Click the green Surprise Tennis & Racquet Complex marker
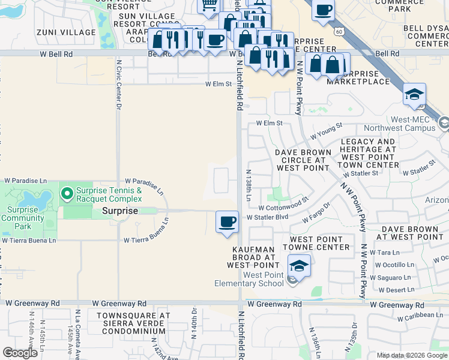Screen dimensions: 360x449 click(x=68, y=194)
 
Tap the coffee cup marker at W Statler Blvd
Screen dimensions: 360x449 click(x=226, y=222)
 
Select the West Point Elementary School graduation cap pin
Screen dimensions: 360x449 click(x=299, y=265)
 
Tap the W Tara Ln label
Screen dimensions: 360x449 click(x=387, y=253)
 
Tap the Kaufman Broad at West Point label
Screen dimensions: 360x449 click(x=253, y=257)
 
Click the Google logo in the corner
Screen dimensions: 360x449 click(x=20, y=352)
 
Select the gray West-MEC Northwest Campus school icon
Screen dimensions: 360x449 click(x=443, y=123)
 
